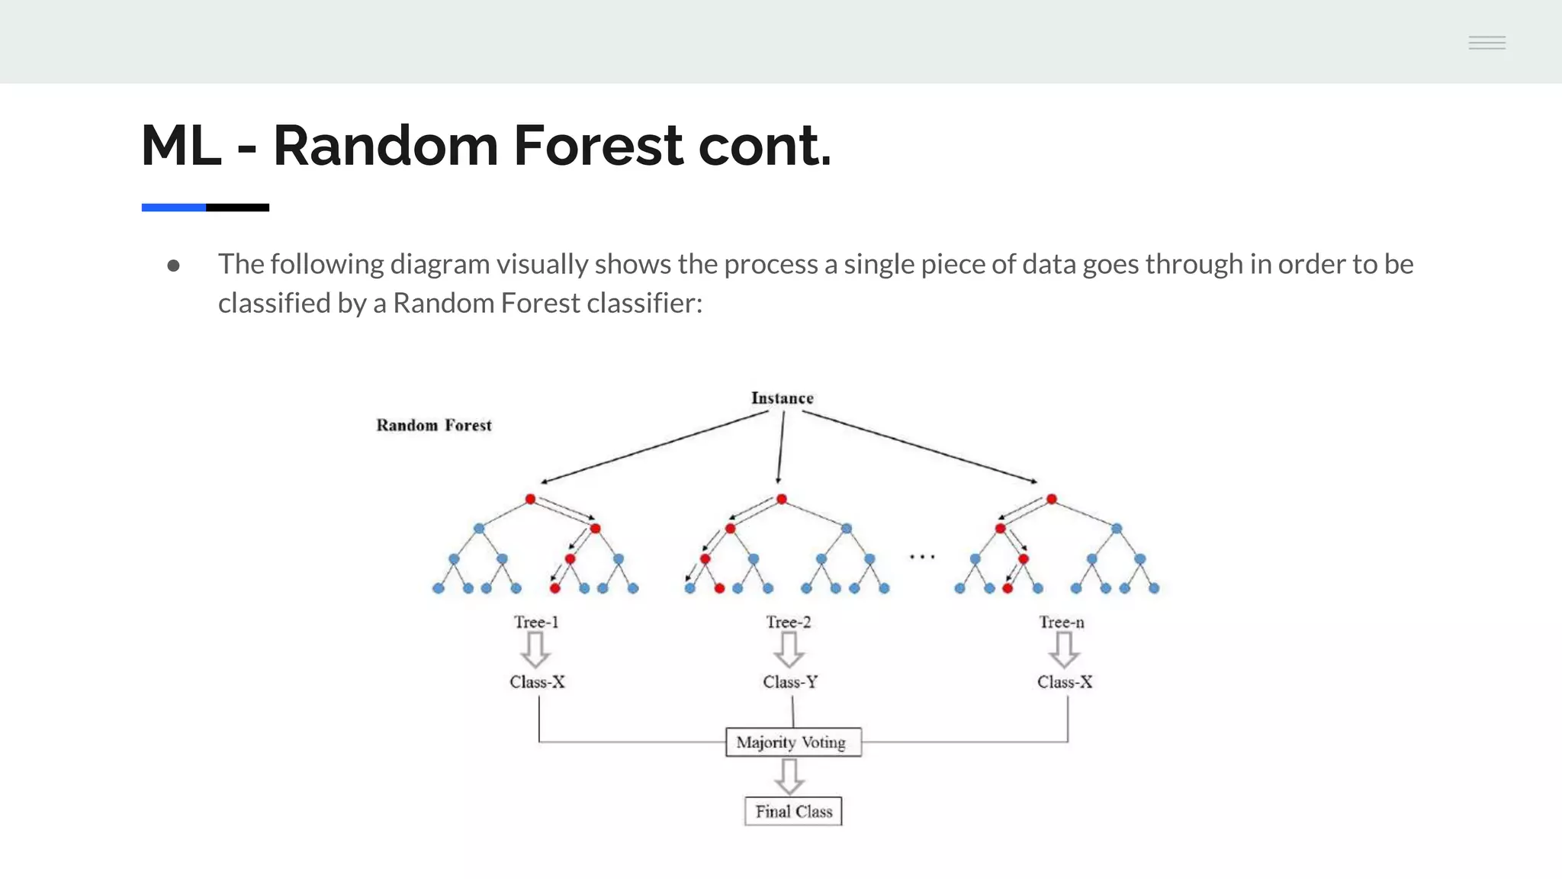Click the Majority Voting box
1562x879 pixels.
(792, 742)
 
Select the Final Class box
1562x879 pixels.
(793, 811)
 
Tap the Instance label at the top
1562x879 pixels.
(782, 398)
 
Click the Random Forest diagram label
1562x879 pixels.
(434, 425)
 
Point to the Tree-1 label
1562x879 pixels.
(536, 622)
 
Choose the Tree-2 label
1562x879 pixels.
(789, 622)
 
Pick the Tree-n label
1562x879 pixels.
(1061, 622)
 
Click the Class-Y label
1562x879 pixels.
(790, 681)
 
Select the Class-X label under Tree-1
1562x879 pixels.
(537, 681)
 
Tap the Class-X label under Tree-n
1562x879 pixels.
(1065, 681)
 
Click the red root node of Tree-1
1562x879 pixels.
(531, 499)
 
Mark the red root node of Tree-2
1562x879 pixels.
(782, 499)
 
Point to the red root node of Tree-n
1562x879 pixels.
(1052, 499)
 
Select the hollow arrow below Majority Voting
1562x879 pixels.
(789, 777)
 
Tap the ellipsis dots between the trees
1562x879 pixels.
(922, 557)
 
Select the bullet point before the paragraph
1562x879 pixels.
(173, 266)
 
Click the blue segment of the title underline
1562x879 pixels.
(173, 208)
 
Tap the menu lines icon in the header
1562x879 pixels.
(1487, 43)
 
